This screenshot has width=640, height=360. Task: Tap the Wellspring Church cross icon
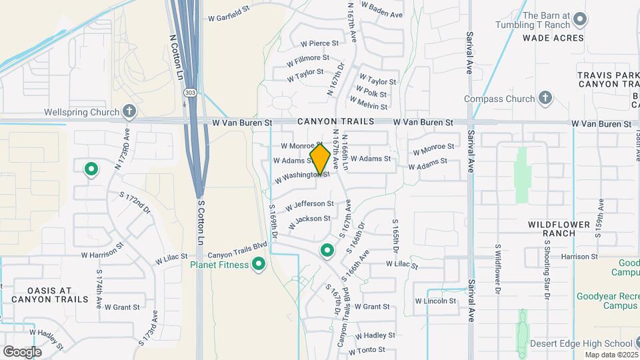[129, 112]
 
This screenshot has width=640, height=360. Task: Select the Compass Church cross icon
[545, 99]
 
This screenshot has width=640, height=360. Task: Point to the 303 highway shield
[191, 93]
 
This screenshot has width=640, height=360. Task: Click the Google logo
[22, 351]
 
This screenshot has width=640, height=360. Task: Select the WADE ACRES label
[553, 38]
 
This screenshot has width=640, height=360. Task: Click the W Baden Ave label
[383, 14]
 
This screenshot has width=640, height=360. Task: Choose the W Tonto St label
[365, 349]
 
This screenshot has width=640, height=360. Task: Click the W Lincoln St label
[435, 301]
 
